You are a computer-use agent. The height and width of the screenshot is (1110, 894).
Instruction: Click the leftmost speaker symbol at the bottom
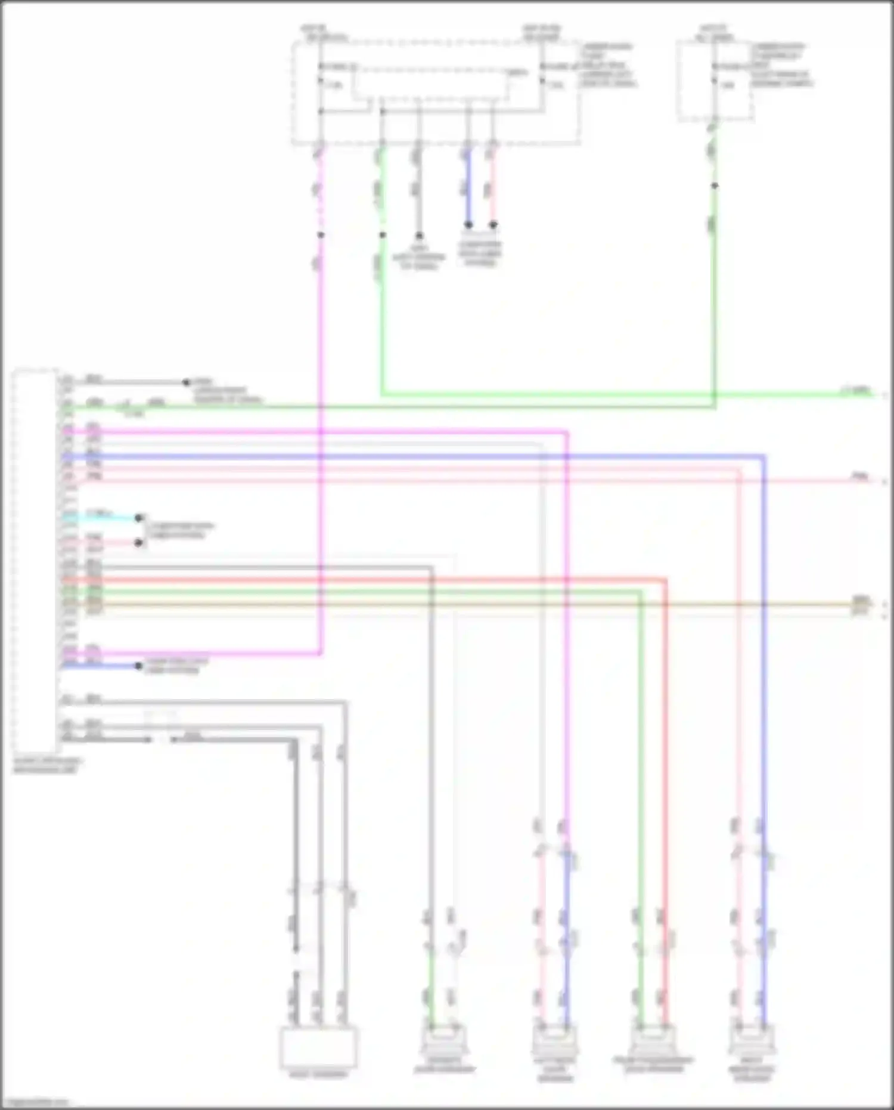pyautogui.click(x=443, y=1040)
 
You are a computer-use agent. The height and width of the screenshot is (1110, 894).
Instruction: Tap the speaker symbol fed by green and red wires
pyautogui.click(x=653, y=1040)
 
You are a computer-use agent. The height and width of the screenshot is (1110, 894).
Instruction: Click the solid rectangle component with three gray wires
pyautogui.click(x=318, y=1047)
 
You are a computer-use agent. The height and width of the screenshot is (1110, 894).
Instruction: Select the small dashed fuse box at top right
pyautogui.click(x=715, y=81)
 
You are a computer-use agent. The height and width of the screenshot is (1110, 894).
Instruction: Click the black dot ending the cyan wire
pyautogui.click(x=139, y=518)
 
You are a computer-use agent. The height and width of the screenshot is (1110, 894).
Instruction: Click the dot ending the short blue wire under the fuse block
pyautogui.click(x=468, y=225)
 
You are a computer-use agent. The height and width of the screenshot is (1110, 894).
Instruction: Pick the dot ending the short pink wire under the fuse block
pyautogui.click(x=493, y=225)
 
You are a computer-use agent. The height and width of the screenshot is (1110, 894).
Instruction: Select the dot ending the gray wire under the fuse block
pyautogui.click(x=419, y=236)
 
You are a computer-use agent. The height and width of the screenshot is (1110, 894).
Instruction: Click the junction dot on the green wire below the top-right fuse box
pyautogui.click(x=715, y=185)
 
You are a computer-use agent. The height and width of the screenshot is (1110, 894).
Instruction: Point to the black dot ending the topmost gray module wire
pyautogui.click(x=186, y=382)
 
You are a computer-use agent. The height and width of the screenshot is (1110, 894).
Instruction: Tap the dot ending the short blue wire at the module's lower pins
pyautogui.click(x=139, y=666)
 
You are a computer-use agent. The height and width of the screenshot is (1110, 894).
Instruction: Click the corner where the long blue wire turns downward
pyautogui.click(x=763, y=457)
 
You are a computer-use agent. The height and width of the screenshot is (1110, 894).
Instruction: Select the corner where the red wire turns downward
pyautogui.click(x=665, y=579)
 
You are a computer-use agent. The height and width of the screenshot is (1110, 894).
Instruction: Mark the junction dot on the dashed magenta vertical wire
pyautogui.click(x=321, y=235)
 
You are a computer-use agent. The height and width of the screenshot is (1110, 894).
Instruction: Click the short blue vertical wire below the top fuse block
pyautogui.click(x=468, y=188)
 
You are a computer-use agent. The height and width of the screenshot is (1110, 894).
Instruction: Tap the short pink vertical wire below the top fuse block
pyautogui.click(x=493, y=188)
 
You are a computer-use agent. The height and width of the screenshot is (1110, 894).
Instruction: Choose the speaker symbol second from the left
pyautogui.click(x=554, y=1040)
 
